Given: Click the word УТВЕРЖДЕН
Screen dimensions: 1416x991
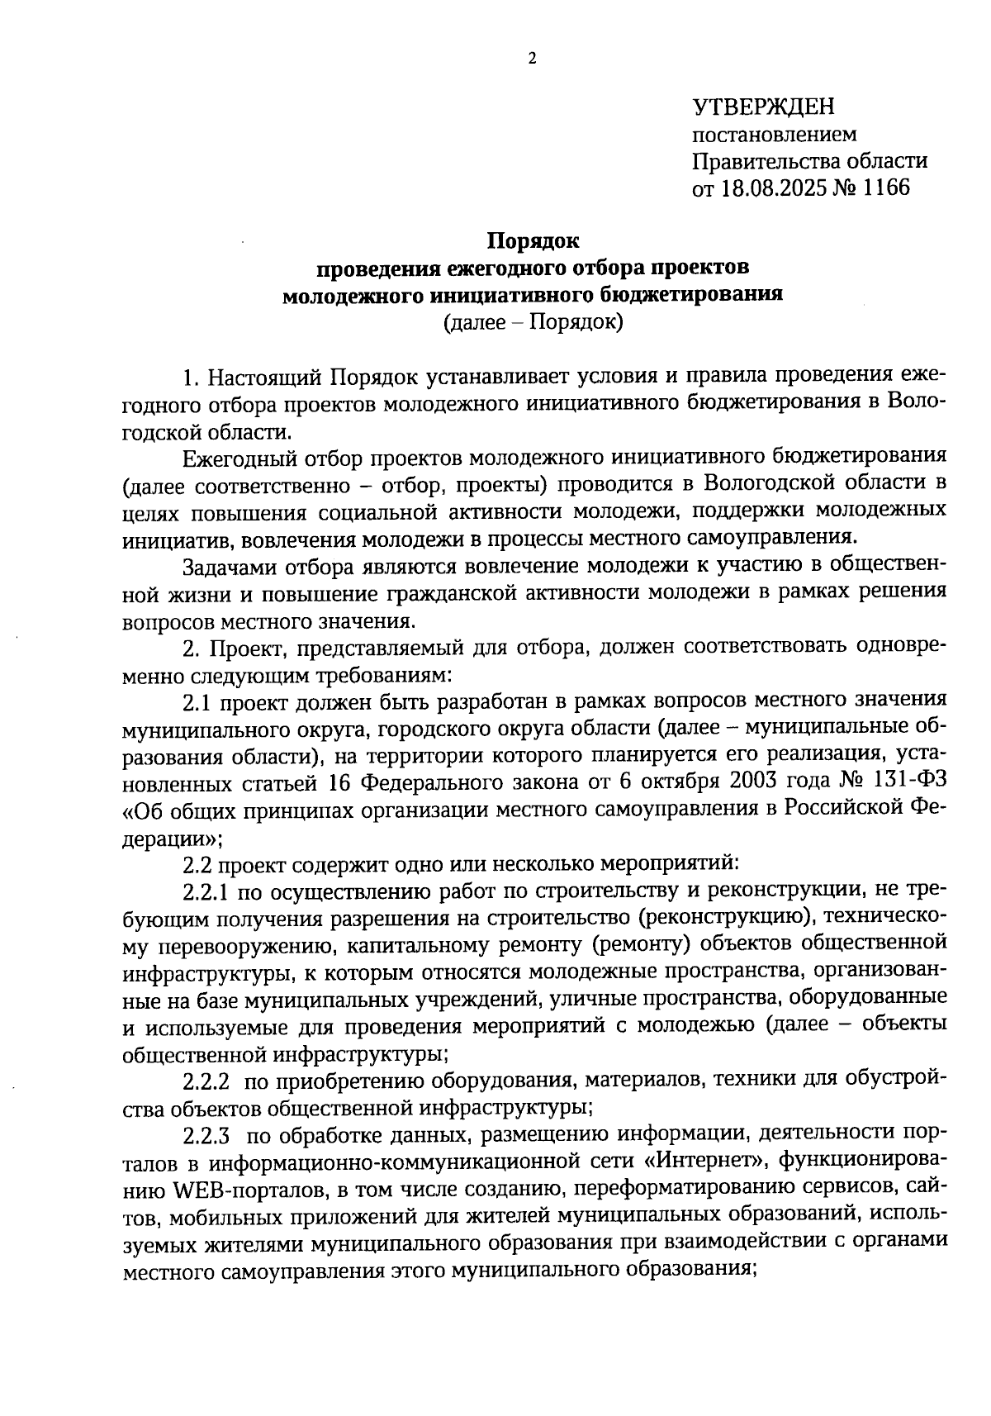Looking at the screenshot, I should pyautogui.click(x=763, y=107).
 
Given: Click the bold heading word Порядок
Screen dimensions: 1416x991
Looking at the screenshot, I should pyautogui.click(x=533, y=240).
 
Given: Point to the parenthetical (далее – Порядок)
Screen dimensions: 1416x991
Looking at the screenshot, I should pyautogui.click(x=533, y=321).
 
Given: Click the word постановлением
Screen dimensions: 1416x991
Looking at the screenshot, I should pyautogui.click(x=774, y=134).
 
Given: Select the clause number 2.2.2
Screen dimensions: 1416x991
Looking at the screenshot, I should pyautogui.click(x=206, y=1080).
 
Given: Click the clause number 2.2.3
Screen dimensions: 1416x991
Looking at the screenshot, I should pyautogui.click(x=206, y=1134).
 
